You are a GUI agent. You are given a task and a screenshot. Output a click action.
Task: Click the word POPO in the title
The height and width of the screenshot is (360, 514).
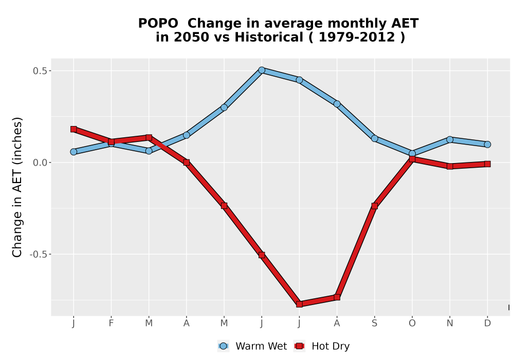pos(158,24)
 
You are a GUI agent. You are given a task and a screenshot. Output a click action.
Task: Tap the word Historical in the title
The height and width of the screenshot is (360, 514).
pos(269,38)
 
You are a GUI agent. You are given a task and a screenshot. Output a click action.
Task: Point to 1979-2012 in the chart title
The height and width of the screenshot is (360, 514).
pos(357,38)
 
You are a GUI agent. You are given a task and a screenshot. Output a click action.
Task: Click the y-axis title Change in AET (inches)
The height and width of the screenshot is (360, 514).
pos(17,187)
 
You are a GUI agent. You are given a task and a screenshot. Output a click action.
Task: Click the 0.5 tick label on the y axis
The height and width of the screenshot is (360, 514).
pos(40,71)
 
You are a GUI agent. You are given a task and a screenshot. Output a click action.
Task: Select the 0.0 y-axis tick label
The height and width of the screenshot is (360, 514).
pos(40,163)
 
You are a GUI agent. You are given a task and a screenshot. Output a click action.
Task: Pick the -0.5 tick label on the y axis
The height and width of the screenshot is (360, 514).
pos(39,255)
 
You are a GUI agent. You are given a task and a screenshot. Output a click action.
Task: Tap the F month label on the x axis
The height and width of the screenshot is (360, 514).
pos(111,323)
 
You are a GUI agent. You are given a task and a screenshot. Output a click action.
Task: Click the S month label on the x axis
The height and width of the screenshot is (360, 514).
pos(374,323)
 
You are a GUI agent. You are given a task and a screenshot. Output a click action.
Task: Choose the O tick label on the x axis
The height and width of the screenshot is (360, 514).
pos(412,323)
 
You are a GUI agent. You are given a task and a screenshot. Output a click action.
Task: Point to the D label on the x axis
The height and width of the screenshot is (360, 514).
pos(487,323)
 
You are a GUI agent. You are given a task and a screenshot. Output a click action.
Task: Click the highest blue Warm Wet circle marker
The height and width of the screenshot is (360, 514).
pos(262,70)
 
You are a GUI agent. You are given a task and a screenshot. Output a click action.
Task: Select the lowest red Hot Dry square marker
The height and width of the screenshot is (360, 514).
pos(299,304)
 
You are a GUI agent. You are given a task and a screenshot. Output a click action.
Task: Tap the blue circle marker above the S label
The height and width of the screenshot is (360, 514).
pos(374,138)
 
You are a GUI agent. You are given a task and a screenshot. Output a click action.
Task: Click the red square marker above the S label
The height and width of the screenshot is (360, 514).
pos(374,206)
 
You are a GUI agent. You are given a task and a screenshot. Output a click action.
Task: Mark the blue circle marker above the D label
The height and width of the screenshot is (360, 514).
pos(487,145)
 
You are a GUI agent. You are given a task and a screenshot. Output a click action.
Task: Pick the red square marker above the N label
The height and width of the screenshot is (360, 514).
pos(450,166)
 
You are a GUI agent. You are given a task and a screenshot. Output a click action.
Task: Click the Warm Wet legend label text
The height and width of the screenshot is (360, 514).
pos(261,346)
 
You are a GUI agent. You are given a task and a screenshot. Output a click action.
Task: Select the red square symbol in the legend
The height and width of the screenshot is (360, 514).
pos(299,346)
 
